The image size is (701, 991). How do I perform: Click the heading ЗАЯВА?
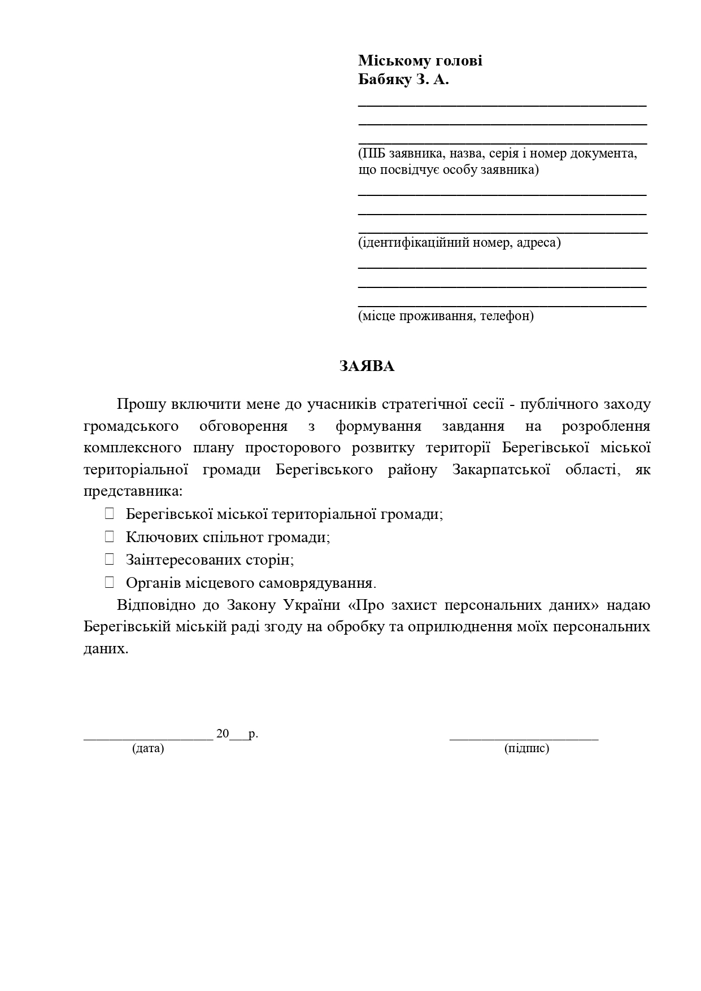click(367, 366)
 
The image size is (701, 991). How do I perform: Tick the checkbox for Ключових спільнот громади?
click(110, 536)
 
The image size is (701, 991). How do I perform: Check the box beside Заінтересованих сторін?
click(110, 560)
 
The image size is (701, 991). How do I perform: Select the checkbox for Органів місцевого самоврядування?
click(110, 582)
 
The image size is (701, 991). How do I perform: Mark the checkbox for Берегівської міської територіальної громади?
click(110, 514)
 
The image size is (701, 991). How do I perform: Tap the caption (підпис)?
click(526, 748)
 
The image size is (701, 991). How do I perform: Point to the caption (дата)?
click(148, 748)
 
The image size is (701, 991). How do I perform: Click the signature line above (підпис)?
click(524, 737)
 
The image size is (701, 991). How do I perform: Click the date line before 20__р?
click(148, 737)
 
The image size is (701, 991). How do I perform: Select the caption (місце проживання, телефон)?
click(446, 316)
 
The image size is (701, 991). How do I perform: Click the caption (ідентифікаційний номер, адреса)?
click(459, 243)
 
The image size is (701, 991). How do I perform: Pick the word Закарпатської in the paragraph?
click(501, 470)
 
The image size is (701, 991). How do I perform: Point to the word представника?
click(133, 491)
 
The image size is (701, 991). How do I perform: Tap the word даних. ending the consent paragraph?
click(106, 649)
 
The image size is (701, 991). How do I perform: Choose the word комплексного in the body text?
click(133, 448)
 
